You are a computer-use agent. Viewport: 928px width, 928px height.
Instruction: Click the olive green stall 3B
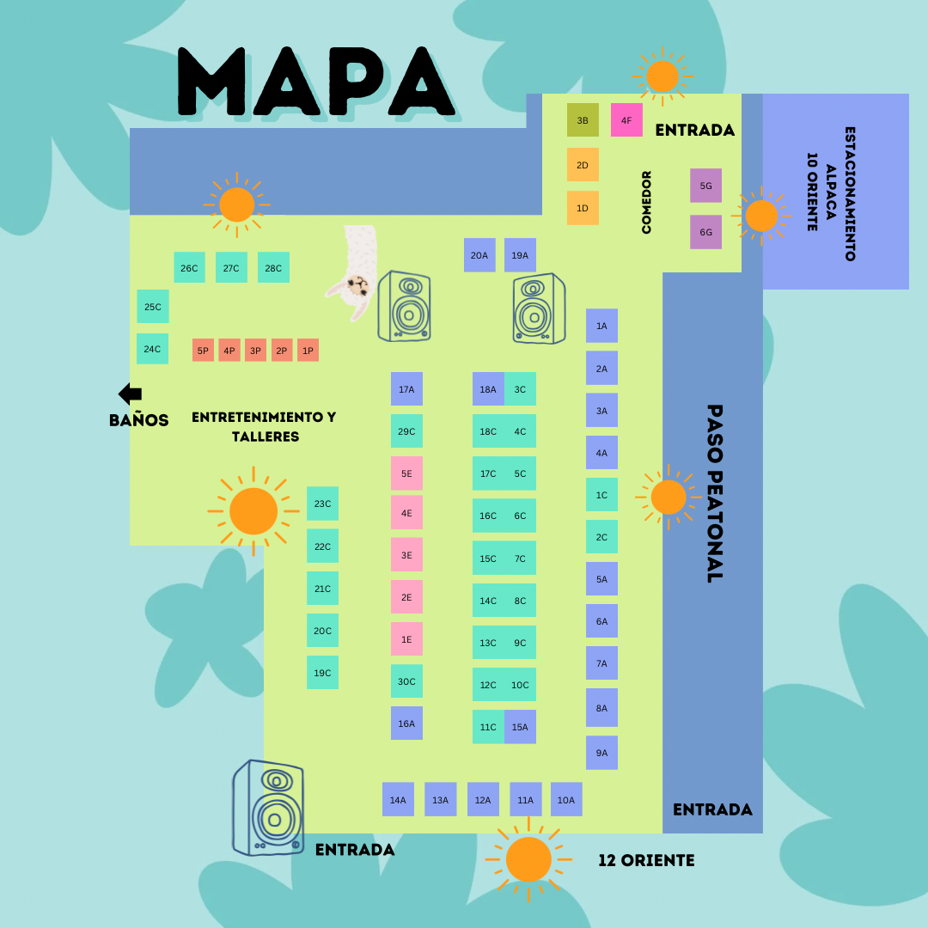[583, 120]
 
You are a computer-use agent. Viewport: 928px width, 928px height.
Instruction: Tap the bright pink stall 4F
[626, 120]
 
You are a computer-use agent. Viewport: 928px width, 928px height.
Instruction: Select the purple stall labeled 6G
[705, 232]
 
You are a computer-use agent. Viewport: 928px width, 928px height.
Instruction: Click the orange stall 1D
[583, 208]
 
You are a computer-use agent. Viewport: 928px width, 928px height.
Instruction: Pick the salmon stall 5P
[203, 351]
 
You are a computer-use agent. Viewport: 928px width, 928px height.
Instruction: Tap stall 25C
[153, 307]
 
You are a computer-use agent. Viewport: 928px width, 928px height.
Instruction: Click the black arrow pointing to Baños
[131, 394]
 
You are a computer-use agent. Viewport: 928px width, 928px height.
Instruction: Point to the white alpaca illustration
[353, 271]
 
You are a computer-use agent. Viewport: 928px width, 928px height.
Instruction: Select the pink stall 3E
[406, 555]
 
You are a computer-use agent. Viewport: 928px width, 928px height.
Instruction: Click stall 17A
[406, 389]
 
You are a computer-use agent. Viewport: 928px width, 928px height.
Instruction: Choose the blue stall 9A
[601, 753]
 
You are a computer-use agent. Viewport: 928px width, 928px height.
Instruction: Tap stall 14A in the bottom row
[398, 800]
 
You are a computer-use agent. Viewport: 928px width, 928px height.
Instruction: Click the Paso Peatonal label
[714, 493]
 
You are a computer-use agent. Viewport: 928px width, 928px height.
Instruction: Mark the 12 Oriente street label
[646, 860]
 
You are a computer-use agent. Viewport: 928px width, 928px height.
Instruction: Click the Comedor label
[647, 202]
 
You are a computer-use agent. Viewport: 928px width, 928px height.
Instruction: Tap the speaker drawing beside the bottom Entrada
[268, 808]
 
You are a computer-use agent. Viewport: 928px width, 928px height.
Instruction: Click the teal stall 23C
[322, 504]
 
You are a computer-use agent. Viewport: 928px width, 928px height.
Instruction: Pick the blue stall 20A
[479, 255]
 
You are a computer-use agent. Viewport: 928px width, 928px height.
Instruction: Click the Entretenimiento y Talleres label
[265, 426]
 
